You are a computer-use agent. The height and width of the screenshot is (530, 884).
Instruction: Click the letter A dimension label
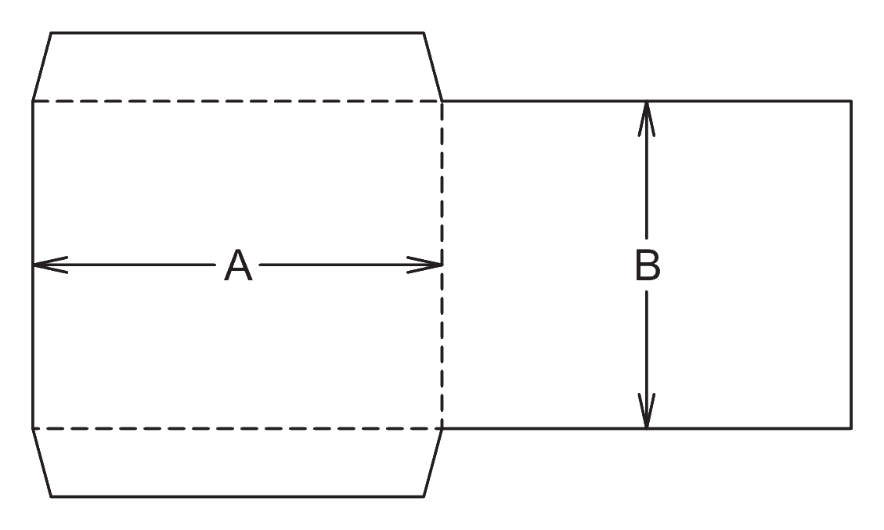(x=238, y=265)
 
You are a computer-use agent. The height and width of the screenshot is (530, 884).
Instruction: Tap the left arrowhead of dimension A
(x=50, y=265)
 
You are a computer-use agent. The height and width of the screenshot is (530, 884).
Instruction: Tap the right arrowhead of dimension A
(x=424, y=265)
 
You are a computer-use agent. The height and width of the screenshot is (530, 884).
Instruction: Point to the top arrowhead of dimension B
(x=647, y=118)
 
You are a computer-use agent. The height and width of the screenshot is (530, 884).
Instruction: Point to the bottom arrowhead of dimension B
(x=647, y=410)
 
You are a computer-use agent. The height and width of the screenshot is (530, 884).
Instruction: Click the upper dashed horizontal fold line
(x=237, y=102)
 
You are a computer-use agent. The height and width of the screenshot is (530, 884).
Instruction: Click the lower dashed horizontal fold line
(x=237, y=428)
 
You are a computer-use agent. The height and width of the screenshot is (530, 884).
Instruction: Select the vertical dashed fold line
(x=442, y=265)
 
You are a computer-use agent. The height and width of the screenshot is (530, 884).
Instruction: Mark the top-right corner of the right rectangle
(x=851, y=102)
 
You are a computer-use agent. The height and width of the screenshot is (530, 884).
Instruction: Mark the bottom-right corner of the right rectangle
(x=851, y=428)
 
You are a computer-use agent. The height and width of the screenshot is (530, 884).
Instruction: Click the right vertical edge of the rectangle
(x=851, y=265)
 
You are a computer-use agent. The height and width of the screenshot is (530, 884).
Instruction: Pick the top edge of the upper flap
(x=237, y=33)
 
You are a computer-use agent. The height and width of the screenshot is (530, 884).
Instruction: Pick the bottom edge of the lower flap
(x=237, y=497)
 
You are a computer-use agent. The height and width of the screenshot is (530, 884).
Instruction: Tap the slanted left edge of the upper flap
(x=41, y=67)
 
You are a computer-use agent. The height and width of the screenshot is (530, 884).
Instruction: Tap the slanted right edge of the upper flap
(x=433, y=67)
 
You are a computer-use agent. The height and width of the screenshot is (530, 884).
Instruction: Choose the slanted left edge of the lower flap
(x=41, y=463)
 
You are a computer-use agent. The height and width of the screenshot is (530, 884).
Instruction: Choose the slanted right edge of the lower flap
(x=433, y=463)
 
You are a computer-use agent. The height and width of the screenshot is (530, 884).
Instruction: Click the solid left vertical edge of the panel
(x=33, y=265)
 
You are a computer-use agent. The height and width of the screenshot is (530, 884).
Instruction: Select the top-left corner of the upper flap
(x=51, y=33)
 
